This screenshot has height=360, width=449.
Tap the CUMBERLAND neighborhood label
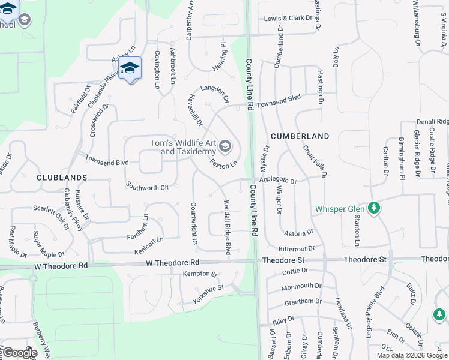coord(300,136)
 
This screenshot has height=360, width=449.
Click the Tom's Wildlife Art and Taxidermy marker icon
coord(225,146)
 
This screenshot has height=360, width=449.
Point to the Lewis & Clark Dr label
coord(289,19)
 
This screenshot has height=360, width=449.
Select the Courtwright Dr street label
coord(194,224)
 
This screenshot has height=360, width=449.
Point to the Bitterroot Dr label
coord(297,248)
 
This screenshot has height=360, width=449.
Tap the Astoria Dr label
coord(298,232)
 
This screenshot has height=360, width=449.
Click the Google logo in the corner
coord(19,353)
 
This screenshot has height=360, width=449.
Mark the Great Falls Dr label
coord(314,161)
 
